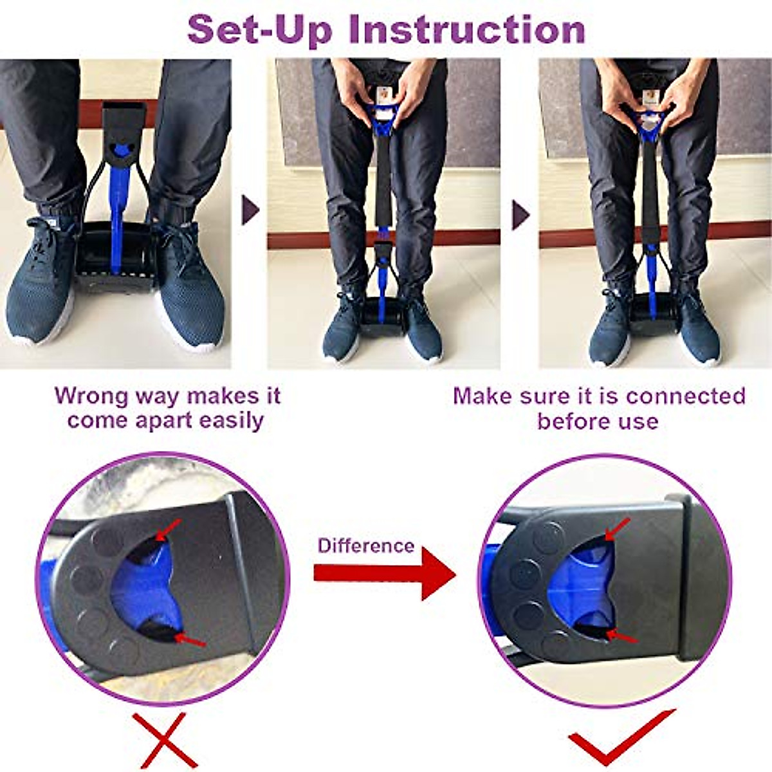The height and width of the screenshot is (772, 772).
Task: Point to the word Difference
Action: pyautogui.click(x=365, y=546)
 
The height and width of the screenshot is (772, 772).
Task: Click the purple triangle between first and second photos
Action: pyautogui.click(x=250, y=210)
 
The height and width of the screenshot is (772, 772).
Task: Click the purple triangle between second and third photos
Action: pyautogui.click(x=520, y=214)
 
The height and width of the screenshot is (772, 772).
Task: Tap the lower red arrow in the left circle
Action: pyautogui.click(x=190, y=639)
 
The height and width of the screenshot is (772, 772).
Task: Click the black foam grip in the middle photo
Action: pyautogui.click(x=383, y=187)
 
